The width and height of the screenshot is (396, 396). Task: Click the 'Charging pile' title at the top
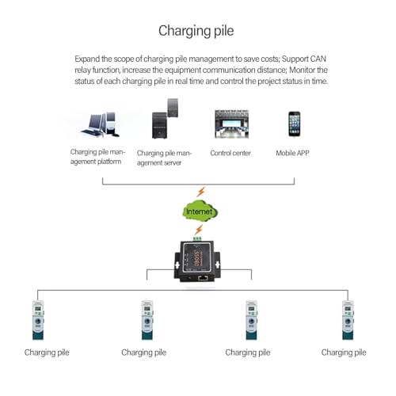tap(196, 31)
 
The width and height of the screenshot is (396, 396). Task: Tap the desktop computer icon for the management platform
tap(101, 124)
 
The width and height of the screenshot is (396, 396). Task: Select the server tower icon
tap(165, 119)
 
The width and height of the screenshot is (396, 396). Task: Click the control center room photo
tap(231, 124)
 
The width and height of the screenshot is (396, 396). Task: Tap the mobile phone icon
tap(294, 124)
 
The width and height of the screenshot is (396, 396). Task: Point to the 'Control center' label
tap(230, 153)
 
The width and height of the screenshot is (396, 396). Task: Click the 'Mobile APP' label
tap(292, 153)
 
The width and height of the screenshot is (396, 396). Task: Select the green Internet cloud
tap(200, 211)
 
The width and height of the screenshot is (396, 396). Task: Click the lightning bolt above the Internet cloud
tap(200, 192)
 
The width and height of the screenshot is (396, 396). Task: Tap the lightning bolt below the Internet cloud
tap(199, 230)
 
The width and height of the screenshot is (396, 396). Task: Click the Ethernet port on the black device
tap(203, 278)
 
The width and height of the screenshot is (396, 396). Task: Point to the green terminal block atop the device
tap(197, 239)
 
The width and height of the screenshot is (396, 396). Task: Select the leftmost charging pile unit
tap(38, 320)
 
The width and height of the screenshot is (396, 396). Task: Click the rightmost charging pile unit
tap(348, 320)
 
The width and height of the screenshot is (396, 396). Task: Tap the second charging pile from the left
tap(147, 320)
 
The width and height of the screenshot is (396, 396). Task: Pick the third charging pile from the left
tap(251, 320)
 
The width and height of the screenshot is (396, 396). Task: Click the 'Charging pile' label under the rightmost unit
tap(344, 352)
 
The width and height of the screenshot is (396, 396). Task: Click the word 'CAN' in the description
tap(318, 59)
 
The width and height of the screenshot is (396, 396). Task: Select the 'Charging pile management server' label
tap(164, 158)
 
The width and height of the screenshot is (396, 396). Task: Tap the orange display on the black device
tap(196, 258)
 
